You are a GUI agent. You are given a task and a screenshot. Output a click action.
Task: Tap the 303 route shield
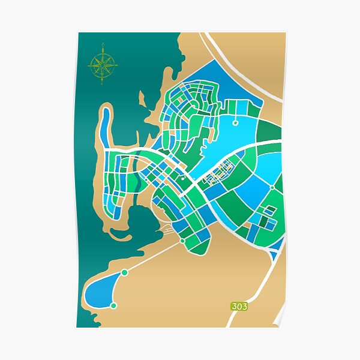239,306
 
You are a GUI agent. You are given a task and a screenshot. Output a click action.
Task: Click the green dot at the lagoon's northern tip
124,272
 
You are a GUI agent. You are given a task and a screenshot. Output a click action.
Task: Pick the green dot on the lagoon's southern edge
113,306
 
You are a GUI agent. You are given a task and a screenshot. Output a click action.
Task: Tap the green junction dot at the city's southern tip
182,241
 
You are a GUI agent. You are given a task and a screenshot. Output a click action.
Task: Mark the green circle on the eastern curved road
272,187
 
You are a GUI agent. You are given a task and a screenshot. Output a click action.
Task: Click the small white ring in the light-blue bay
235,122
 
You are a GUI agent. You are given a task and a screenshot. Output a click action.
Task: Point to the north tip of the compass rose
103,46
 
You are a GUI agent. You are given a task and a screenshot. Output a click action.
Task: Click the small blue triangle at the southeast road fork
274,255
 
